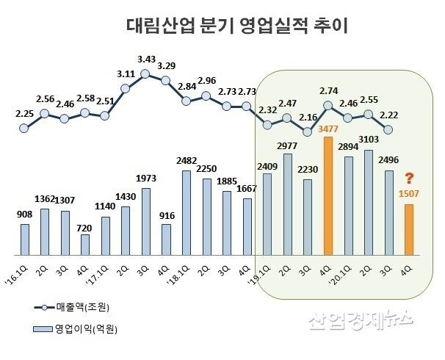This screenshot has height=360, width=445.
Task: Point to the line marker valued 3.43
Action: coord(145,73)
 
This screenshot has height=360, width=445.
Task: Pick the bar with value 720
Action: coord(85,243)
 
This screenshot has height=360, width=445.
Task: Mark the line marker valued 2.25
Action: coord(24,128)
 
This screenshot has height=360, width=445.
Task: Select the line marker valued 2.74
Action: coord(328,105)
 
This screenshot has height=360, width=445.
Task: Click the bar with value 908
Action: coord(25,237)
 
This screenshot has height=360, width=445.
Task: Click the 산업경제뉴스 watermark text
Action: coord(359,320)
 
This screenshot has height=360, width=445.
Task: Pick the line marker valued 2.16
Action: coord(307,132)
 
